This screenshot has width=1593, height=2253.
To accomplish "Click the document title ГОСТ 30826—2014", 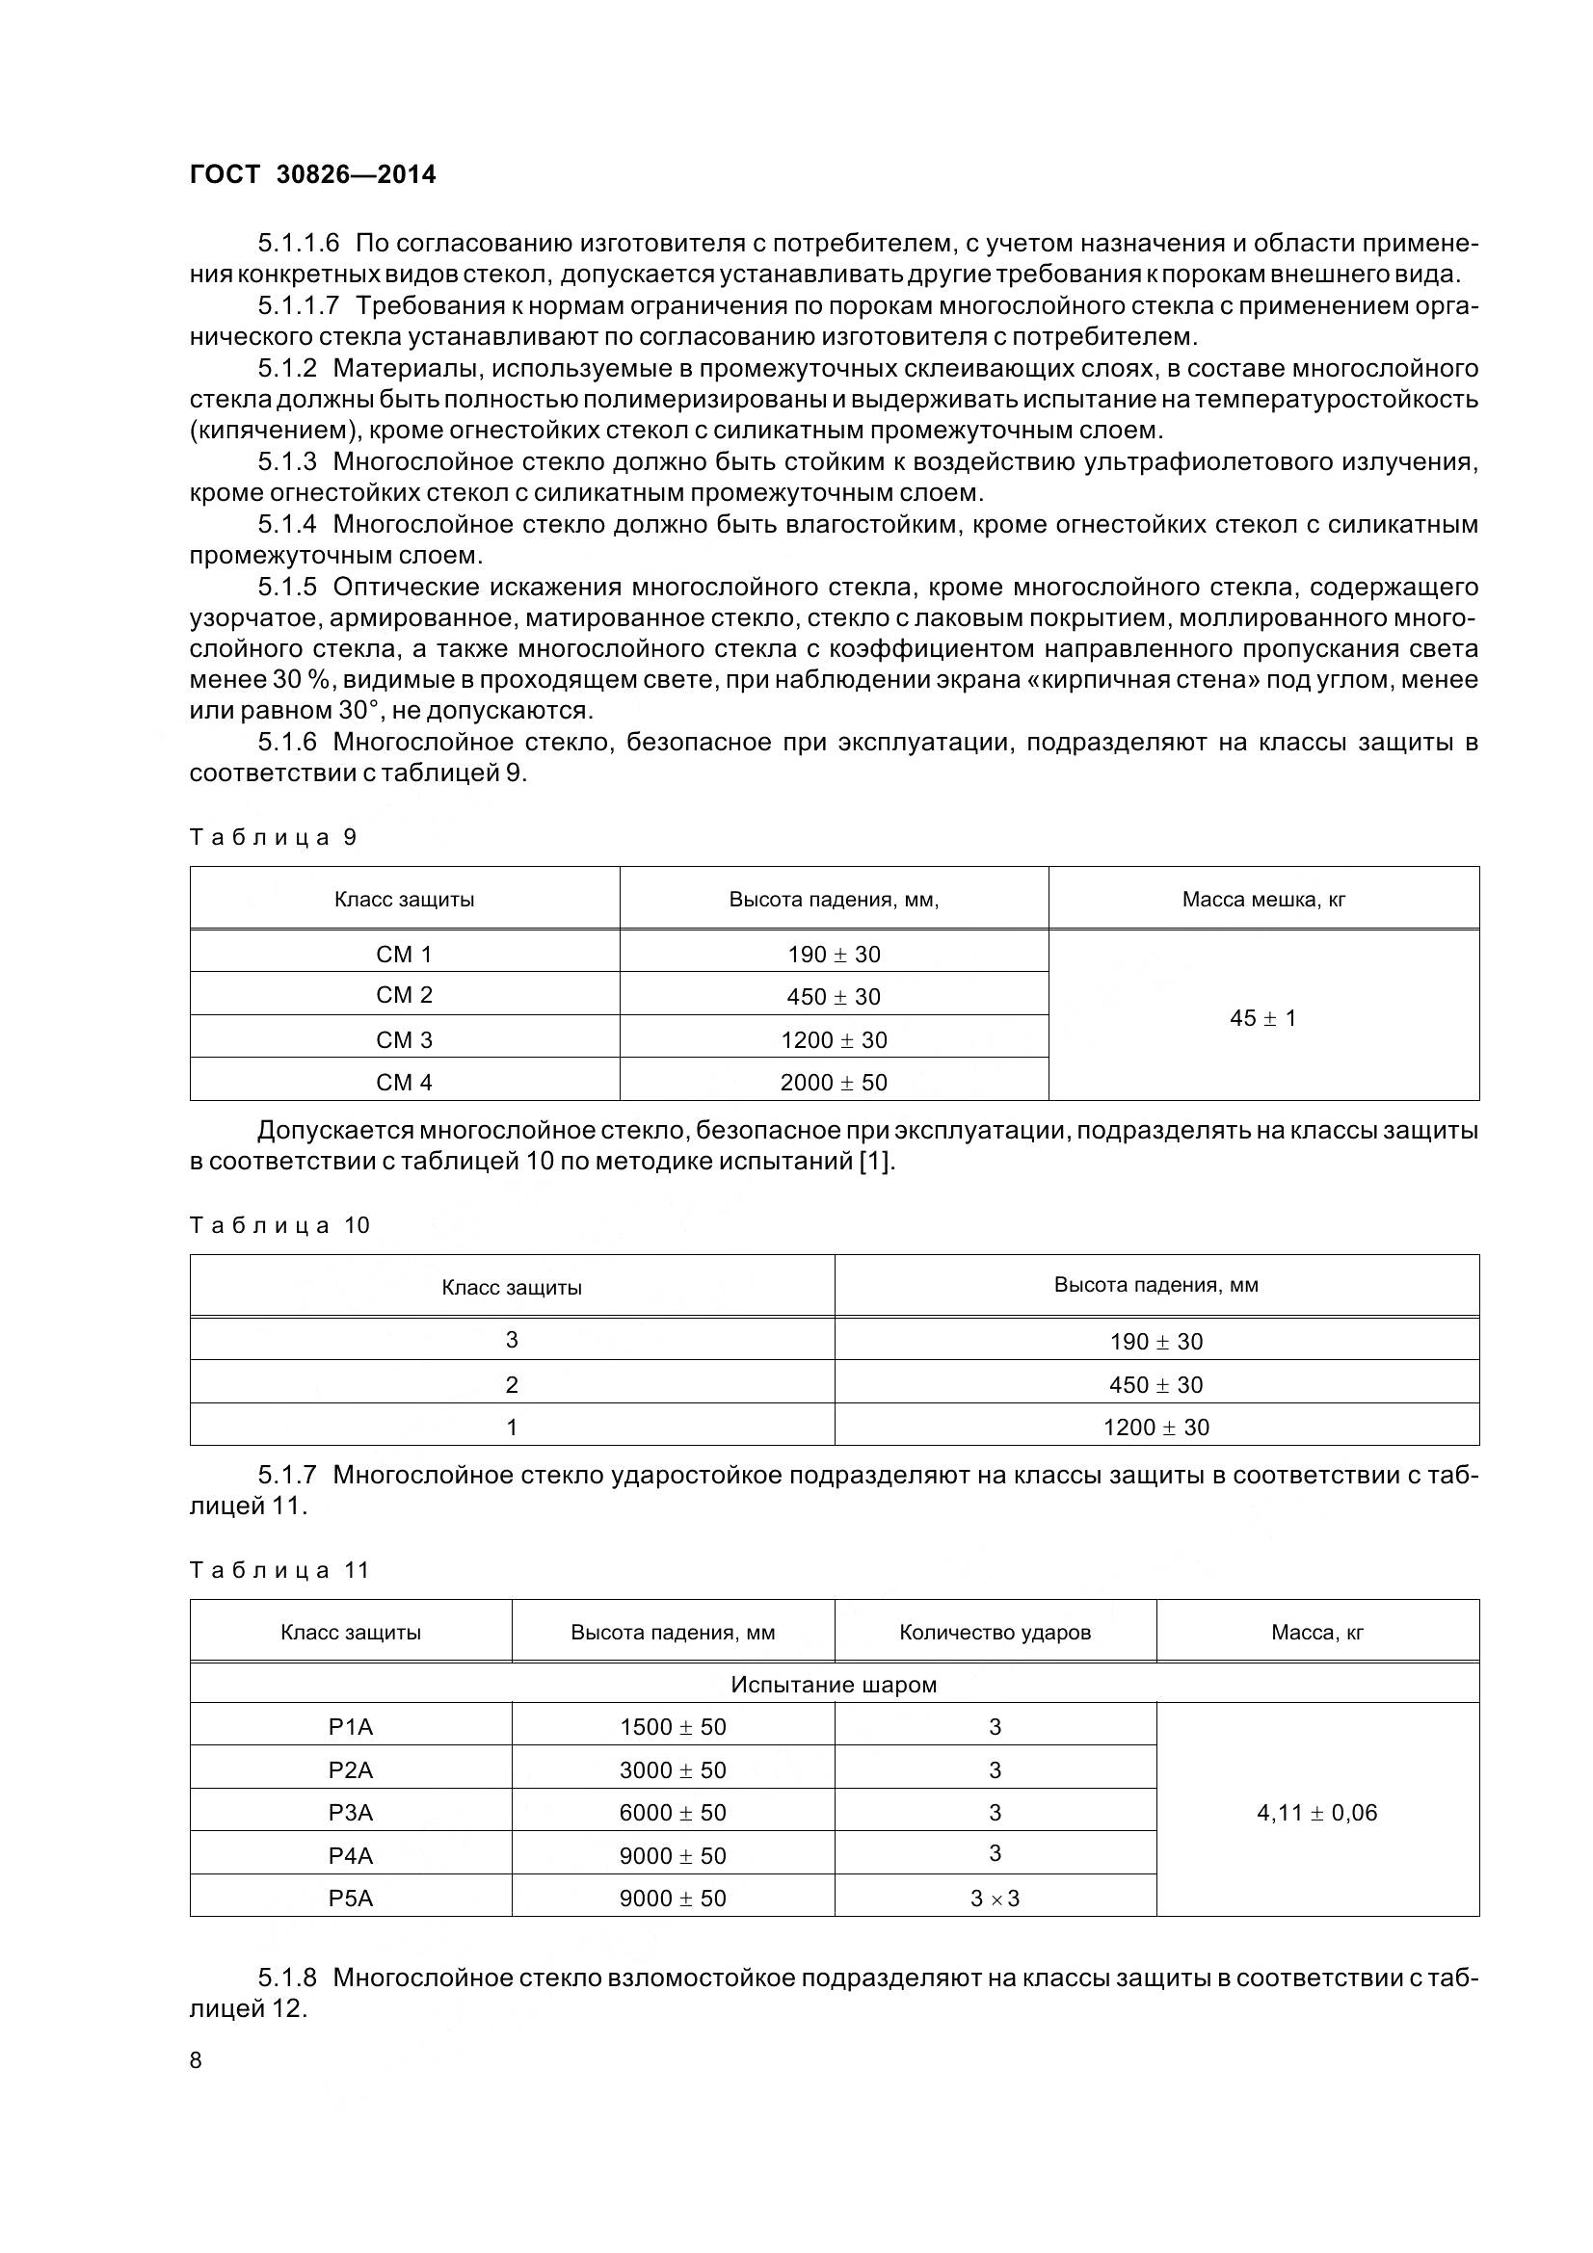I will [312, 173].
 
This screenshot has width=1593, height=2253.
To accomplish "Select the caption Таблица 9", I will [273, 837].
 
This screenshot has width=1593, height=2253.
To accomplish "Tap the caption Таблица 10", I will [279, 1224].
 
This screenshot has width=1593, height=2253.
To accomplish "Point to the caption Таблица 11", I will [279, 1570].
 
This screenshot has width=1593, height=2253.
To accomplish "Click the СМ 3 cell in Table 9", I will [404, 1039].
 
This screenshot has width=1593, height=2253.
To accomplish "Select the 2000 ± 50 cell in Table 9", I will [834, 1083].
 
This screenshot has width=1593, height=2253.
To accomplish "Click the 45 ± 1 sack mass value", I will [1262, 1017].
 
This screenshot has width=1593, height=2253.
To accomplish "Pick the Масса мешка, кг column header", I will [1262, 899].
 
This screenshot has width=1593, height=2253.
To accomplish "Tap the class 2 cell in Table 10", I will [512, 1384].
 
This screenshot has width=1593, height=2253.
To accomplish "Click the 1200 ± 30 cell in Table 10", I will [1155, 1427].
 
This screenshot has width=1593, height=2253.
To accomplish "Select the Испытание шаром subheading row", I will [834, 1685].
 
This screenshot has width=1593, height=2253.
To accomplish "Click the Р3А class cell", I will [351, 1813].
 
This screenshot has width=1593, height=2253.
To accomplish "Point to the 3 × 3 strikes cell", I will [995, 1898].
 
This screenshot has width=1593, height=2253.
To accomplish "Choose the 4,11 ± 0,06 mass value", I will [1316, 1813].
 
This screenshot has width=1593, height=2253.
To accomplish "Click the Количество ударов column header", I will [995, 1633].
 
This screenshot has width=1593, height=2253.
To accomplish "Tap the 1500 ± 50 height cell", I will [673, 1727].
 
